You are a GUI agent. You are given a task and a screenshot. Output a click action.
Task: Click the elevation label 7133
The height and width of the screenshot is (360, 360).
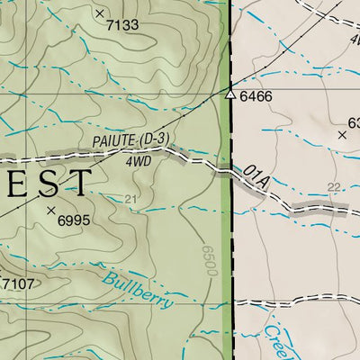[122, 25]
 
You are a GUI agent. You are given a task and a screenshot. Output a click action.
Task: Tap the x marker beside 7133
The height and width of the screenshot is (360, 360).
[100, 13]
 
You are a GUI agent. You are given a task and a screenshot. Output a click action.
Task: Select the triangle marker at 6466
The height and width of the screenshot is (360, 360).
[230, 94]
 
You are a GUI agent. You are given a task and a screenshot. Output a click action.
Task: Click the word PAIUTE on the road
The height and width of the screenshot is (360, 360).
[113, 141]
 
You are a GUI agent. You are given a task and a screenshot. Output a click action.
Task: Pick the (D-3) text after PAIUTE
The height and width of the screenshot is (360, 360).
[152, 136]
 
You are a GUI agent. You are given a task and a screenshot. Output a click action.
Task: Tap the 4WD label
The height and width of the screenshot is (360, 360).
[138, 162]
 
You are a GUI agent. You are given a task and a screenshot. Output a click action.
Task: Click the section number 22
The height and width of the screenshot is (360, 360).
[335, 186]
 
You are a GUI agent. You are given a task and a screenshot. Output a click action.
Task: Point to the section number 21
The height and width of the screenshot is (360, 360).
[131, 200]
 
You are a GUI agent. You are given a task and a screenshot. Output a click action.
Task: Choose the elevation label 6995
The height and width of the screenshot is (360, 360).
[75, 219]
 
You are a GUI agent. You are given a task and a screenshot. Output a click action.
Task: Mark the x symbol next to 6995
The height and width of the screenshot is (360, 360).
[51, 211]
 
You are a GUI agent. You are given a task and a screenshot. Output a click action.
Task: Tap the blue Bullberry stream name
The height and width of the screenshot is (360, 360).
[137, 290]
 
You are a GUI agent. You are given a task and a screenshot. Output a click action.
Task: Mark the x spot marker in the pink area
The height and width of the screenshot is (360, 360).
[342, 135]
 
